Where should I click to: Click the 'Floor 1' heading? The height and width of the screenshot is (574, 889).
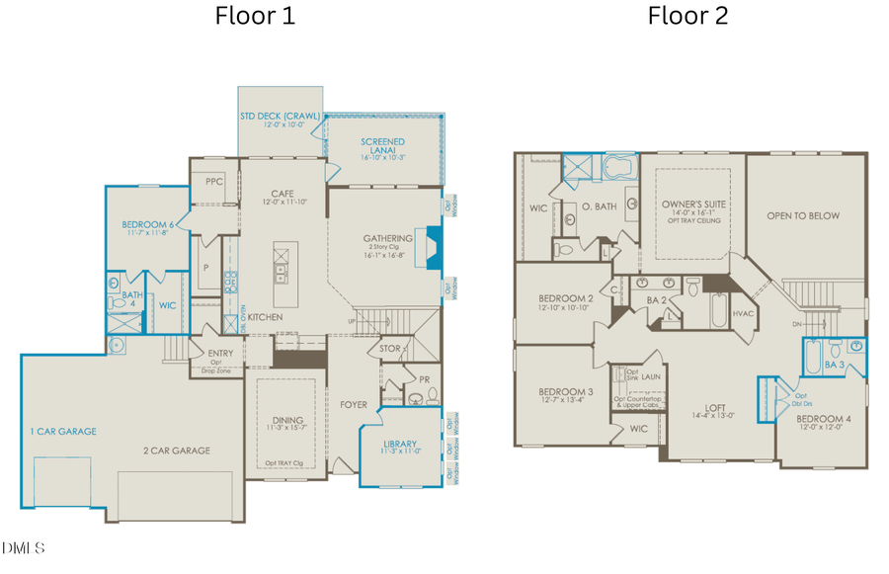click(x=254, y=16)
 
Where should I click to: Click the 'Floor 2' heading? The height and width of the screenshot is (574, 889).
click(x=687, y=16)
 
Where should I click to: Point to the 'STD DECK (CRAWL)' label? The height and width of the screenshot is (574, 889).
click(x=281, y=116)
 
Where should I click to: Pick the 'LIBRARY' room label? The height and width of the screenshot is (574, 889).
click(x=399, y=444)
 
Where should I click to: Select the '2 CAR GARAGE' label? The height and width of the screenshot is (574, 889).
click(x=178, y=451)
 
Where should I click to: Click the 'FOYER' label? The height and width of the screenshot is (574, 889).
click(x=354, y=404)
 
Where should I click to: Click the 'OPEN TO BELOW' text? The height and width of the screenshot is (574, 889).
click(x=803, y=215)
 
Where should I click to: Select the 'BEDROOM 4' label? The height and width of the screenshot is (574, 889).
click(x=824, y=417)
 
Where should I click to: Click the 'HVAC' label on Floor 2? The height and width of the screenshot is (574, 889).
click(x=744, y=312)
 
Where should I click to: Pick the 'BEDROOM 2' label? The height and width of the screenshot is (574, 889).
click(x=565, y=298)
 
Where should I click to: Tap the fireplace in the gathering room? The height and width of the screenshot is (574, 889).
click(x=431, y=242)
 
